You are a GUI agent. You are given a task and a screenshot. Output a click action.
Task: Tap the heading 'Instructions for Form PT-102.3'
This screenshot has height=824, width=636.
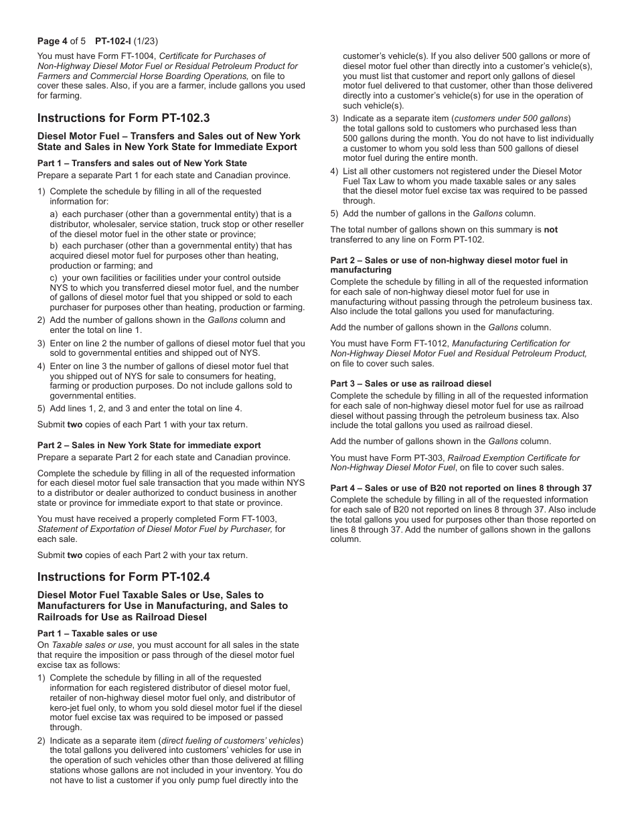click(123, 118)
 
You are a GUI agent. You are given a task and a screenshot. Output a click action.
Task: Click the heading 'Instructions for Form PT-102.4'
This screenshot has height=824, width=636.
click(123, 577)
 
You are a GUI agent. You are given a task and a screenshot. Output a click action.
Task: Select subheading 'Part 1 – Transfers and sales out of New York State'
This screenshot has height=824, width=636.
click(142, 163)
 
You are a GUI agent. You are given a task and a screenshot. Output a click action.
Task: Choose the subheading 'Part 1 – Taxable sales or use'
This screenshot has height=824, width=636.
click(97, 633)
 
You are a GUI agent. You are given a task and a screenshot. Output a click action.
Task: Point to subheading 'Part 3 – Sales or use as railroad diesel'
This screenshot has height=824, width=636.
click(410, 384)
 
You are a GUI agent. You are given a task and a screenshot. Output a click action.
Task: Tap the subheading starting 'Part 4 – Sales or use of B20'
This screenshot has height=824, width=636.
click(461, 488)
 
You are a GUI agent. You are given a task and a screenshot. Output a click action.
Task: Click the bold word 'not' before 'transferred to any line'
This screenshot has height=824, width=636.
click(550, 230)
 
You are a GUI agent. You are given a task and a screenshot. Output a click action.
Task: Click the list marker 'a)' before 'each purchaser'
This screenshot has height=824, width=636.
click(54, 214)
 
